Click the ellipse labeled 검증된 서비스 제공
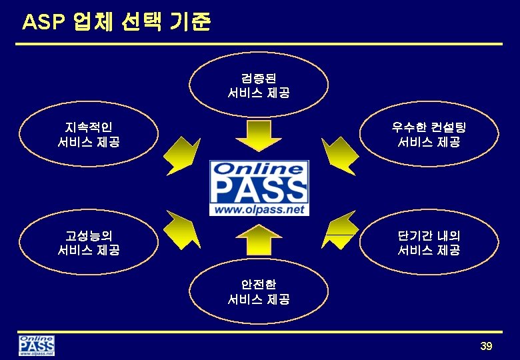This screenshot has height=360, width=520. (259, 85)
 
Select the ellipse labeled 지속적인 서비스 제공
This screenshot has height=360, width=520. (89, 134)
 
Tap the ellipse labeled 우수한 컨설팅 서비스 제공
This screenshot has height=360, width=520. (429, 134)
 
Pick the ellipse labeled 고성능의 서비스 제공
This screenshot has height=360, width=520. (89, 243)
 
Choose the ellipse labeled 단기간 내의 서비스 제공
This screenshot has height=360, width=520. (429, 243)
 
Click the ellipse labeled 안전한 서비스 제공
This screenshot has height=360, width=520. (259, 292)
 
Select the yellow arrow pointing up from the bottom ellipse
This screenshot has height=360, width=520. (259, 239)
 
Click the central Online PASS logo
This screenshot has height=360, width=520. (259, 188)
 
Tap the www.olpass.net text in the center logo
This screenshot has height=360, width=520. (259, 209)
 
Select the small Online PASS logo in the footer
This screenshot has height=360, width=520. (37, 346)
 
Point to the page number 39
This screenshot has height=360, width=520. (485, 346)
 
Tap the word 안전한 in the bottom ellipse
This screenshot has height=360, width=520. (259, 285)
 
